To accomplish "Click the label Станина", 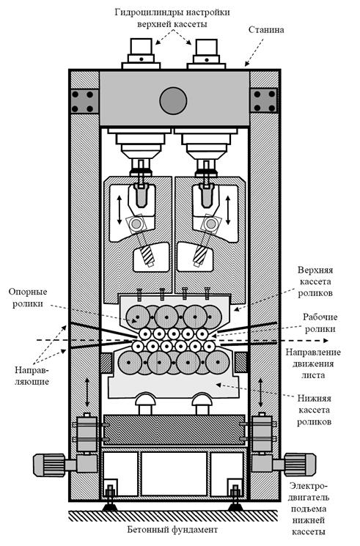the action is coord(266,29).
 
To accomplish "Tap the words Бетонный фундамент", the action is coord(172,530).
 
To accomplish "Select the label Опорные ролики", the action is coord(28,298).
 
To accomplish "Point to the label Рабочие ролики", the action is coord(320,322).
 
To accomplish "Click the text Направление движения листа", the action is coord(313,364).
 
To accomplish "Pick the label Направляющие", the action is coord(32,375).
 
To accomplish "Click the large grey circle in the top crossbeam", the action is coord(173,100).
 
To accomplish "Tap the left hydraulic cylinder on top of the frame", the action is coord(141,54).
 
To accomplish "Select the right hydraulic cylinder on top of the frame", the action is coord(206,54).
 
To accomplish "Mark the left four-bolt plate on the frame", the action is coord(84,101).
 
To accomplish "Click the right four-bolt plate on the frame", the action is coord(264,100).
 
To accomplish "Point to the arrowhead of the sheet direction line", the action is coord(325,340).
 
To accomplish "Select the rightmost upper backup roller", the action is coord(210,317).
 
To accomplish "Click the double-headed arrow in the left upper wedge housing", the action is coord(120,210).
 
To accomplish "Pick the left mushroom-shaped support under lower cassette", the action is coord(146,403).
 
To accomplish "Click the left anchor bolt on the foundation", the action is coord(111,497).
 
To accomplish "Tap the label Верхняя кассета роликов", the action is coord(315,281).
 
